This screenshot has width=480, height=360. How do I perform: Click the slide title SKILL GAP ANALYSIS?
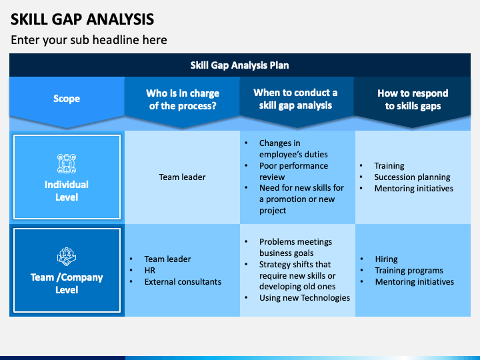click(83, 19)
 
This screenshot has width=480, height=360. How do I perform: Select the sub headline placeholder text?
click(89, 40)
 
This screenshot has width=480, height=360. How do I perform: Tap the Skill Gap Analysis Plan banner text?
click(240, 65)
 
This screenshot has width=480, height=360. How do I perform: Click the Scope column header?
click(67, 99)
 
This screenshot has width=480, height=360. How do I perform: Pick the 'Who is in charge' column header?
click(183, 99)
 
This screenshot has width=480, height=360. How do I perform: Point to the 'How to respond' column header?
click(413, 99)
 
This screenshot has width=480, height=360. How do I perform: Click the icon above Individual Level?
click(67, 163)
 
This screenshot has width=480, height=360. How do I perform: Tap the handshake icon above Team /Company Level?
click(67, 257)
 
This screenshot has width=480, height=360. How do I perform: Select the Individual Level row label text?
click(67, 191)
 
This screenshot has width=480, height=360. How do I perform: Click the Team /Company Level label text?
click(67, 283)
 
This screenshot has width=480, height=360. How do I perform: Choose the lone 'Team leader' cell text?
click(183, 177)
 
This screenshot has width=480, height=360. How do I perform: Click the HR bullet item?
click(150, 270)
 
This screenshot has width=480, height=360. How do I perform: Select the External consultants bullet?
click(183, 281)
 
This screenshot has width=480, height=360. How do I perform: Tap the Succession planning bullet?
click(412, 177)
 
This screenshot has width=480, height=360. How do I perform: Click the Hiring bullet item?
click(386, 259)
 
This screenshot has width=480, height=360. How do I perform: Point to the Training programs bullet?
click(409, 270)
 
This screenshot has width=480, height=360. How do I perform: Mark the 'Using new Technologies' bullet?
click(305, 297)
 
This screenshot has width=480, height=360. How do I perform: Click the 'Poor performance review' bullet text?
click(293, 171)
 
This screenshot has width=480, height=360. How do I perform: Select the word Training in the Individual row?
click(389, 165)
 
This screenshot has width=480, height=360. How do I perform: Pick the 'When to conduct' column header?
click(295, 99)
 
